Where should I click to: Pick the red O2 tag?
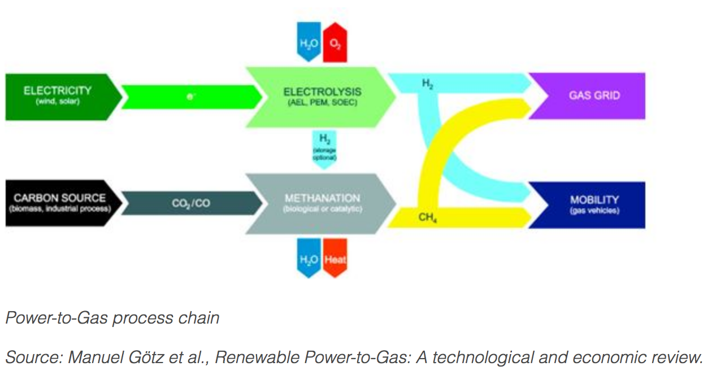335,41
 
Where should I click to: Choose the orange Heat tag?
335,260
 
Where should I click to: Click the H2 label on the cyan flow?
429,84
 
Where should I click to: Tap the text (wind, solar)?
58,102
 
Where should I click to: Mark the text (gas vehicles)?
594,211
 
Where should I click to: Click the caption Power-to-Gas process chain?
112,318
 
